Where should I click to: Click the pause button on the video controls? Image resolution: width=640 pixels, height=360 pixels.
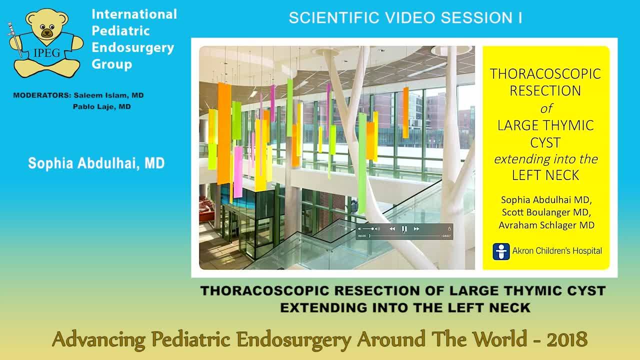(x=404, y=229)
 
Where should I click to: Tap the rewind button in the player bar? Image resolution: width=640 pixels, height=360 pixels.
(x=392, y=229)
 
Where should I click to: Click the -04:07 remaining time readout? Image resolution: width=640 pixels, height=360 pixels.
(x=445, y=236)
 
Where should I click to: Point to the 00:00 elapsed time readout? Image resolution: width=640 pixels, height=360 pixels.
(x=362, y=236)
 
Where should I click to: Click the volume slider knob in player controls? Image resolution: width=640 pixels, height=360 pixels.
(x=372, y=229)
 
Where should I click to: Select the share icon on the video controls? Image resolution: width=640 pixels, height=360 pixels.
(x=449, y=229)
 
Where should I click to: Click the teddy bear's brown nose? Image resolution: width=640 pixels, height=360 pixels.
(x=47, y=33)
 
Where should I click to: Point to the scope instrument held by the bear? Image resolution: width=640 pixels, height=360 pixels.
(x=15, y=40)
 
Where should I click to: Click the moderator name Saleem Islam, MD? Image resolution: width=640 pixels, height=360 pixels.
(x=108, y=95)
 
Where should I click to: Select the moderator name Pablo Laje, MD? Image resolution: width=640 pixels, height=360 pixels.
(x=102, y=106)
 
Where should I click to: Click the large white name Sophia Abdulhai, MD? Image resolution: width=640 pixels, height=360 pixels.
(x=96, y=163)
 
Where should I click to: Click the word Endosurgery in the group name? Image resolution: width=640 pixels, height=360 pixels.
(x=132, y=47)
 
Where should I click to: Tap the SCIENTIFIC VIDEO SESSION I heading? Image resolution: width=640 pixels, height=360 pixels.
(x=405, y=18)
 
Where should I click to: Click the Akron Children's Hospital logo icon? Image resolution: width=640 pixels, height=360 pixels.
(x=501, y=251)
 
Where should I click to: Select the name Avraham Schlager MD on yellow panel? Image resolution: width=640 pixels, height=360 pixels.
(x=546, y=225)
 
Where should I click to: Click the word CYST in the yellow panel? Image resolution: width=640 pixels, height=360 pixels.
(x=545, y=142)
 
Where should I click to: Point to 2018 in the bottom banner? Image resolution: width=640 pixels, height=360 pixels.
(x=566, y=340)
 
